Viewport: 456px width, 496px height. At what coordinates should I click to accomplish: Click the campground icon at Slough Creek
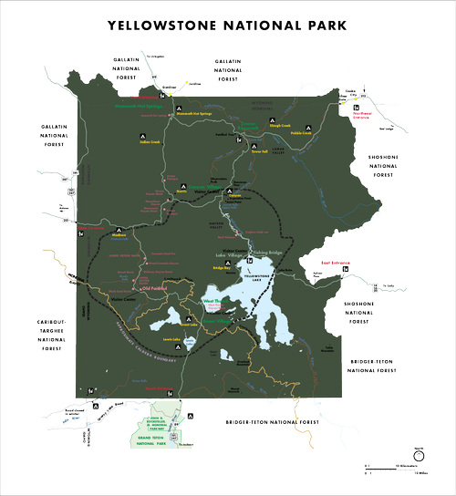(272, 120)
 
